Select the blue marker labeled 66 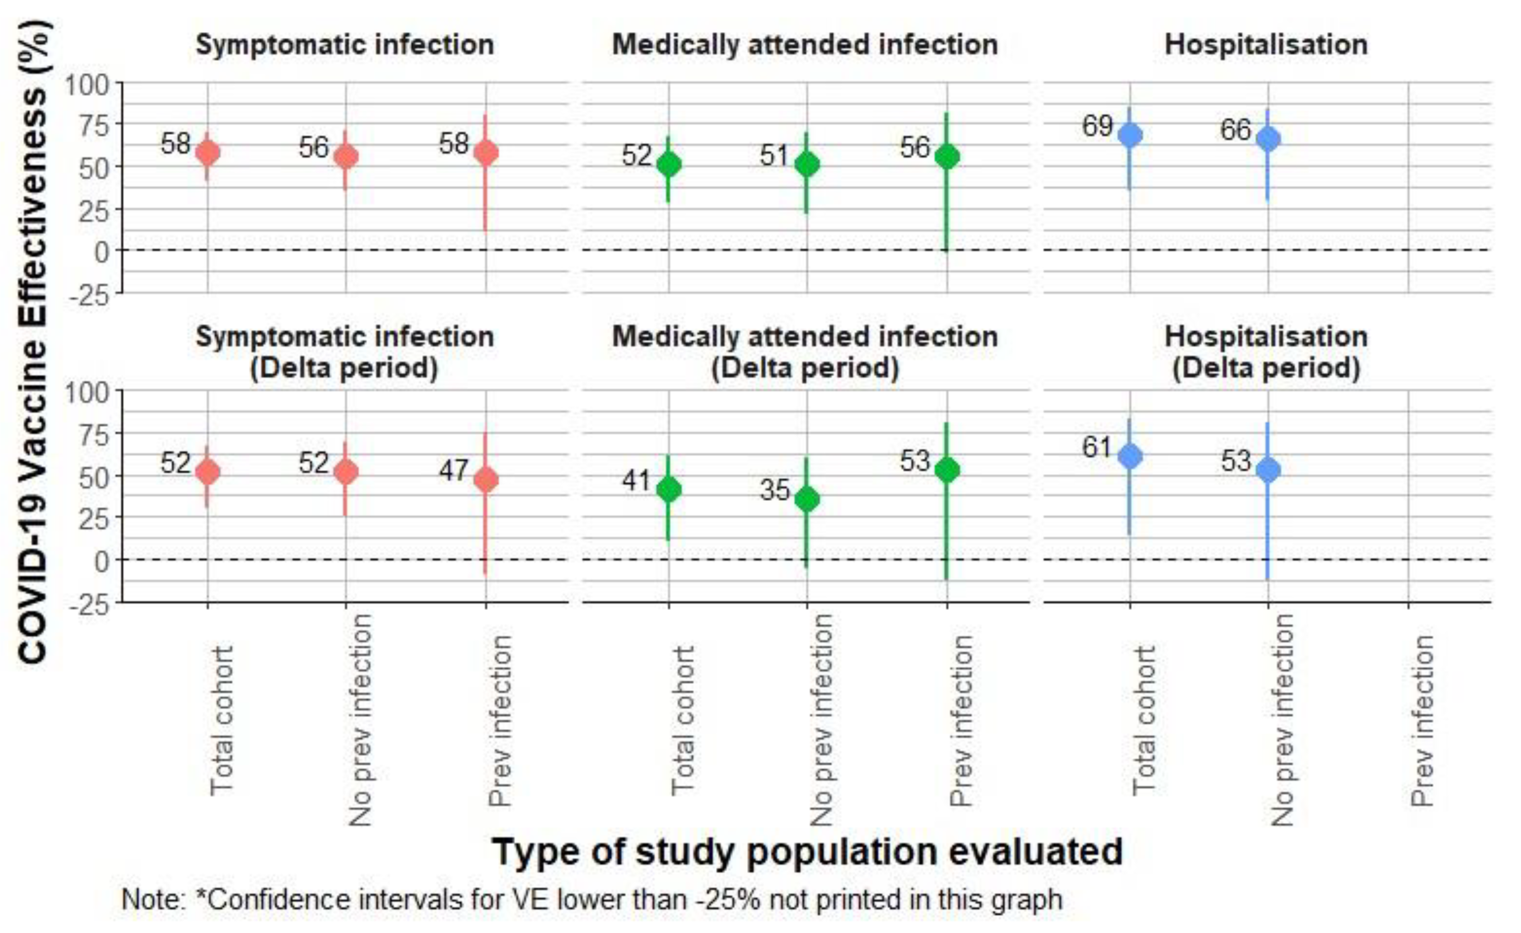[x=1268, y=139]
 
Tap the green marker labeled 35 [x=807, y=499]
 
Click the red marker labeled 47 [x=486, y=480]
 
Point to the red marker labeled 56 [x=346, y=156]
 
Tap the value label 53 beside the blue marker [x=1236, y=461]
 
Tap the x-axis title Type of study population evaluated [x=807, y=852]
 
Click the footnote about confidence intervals [x=591, y=900]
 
